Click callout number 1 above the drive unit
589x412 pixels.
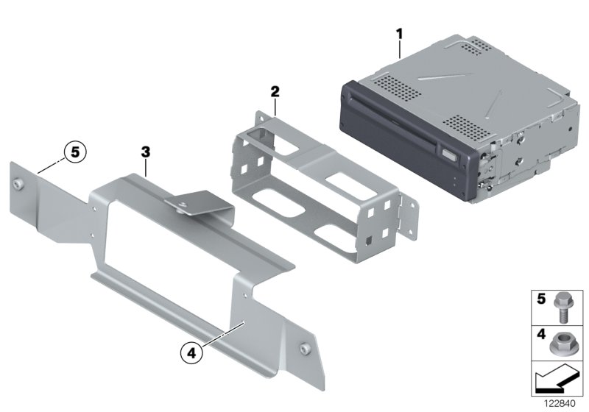pos(399,33)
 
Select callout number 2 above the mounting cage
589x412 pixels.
pos(275,92)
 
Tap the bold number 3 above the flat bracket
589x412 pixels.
pos(146,152)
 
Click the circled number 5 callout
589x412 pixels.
pos(74,153)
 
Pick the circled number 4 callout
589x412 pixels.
pos(191,353)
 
